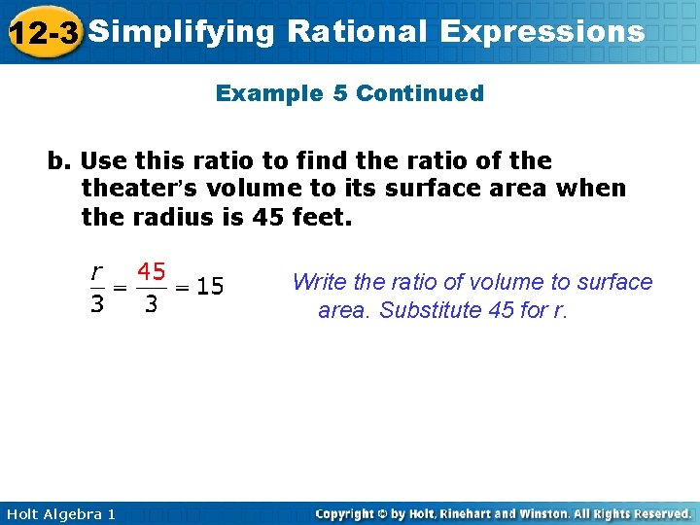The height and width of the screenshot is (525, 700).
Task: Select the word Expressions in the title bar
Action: (542, 32)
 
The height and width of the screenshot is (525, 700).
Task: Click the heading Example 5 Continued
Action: (349, 93)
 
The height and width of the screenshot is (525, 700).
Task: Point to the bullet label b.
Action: (60, 161)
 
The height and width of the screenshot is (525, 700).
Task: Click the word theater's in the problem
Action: (138, 188)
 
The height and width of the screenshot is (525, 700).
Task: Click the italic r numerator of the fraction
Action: (96, 270)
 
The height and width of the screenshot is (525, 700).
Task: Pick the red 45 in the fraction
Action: (150, 270)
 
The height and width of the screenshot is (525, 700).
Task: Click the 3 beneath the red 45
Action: (150, 304)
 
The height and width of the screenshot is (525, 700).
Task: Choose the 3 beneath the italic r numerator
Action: (96, 304)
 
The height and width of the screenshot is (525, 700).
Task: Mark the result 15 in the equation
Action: (209, 287)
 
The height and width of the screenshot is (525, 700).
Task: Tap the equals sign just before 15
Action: (182, 287)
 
